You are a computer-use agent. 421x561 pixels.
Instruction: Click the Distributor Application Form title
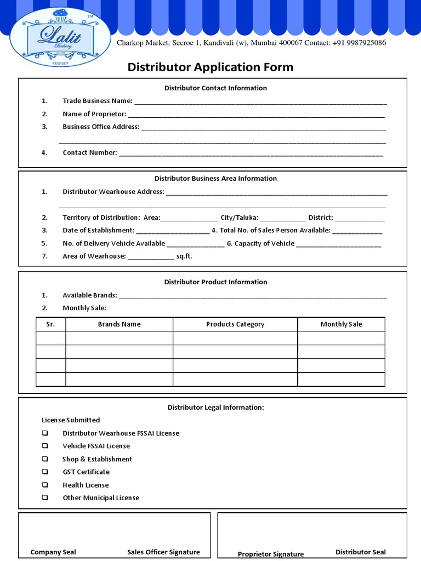click(x=210, y=67)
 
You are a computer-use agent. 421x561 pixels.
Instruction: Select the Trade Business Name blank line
click(x=260, y=102)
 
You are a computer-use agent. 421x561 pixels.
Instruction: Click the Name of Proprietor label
click(x=94, y=114)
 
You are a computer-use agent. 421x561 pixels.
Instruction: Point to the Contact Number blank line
click(x=251, y=154)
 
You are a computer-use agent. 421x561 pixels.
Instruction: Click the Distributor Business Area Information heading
click(x=215, y=179)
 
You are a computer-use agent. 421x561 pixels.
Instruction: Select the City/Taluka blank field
click(x=283, y=219)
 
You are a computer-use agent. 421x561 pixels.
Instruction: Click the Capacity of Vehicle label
click(x=264, y=244)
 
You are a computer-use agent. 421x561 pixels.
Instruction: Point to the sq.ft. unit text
click(x=184, y=256)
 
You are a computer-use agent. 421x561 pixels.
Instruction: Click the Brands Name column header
click(x=119, y=324)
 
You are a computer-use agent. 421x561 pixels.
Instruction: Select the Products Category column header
click(x=235, y=324)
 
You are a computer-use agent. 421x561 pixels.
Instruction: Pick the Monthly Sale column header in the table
click(x=341, y=324)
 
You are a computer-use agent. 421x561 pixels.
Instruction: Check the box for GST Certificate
click(x=45, y=472)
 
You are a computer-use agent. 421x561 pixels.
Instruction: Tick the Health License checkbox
click(x=45, y=485)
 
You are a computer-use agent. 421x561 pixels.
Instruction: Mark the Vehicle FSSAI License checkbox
click(x=45, y=446)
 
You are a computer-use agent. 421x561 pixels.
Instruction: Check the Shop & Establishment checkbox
click(x=45, y=459)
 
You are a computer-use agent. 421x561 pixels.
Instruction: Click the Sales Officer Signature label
click(x=163, y=552)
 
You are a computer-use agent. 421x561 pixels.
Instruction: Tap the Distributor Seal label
click(x=361, y=552)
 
